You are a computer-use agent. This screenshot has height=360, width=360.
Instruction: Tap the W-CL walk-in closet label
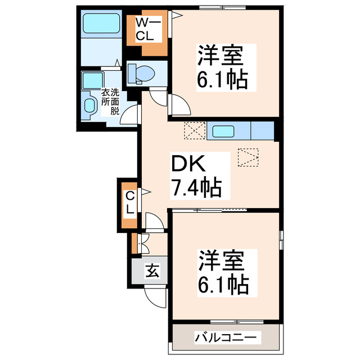(147, 30)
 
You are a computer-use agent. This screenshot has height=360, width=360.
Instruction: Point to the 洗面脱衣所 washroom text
(110, 101)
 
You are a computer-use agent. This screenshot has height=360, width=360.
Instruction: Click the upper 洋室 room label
(220, 58)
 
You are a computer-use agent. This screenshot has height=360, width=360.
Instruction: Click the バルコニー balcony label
(227, 338)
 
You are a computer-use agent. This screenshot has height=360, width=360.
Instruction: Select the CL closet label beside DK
(129, 202)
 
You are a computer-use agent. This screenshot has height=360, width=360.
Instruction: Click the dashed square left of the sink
(195, 131)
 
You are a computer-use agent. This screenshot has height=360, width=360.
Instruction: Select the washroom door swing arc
(130, 115)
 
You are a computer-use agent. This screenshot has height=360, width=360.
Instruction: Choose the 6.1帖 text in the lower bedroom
(223, 286)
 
